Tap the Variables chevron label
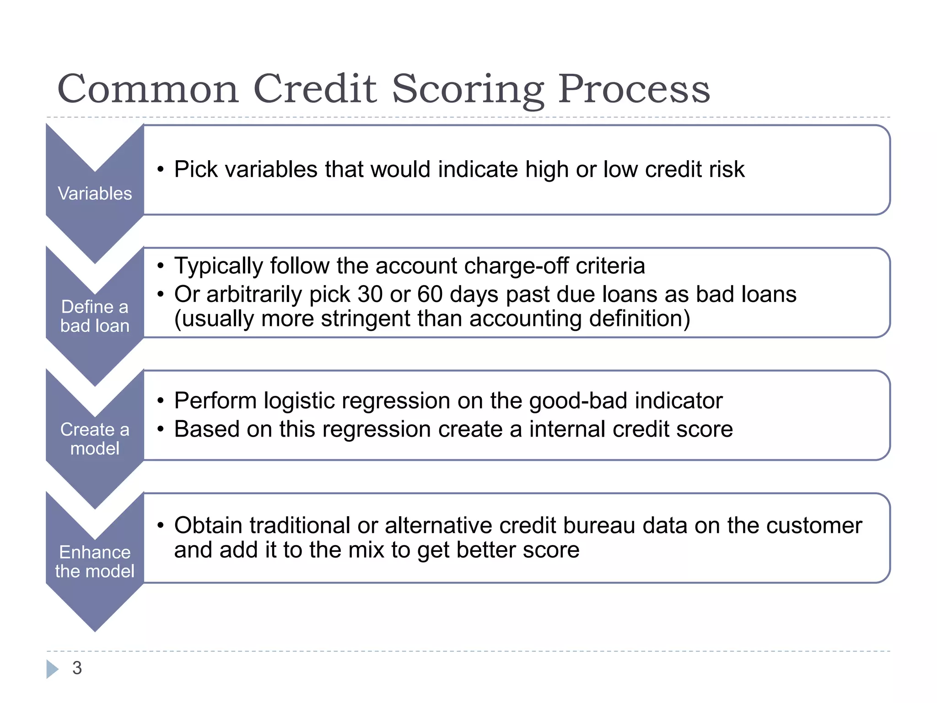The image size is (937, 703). pos(95,194)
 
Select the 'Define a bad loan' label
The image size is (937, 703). pos(95,316)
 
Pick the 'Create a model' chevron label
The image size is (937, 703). pos(95,439)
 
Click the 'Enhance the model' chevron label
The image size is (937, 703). pos(95,562)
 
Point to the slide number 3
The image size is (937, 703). pos(77,668)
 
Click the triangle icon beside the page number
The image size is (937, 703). pos(52,669)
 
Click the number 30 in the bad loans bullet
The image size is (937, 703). pos(370,294)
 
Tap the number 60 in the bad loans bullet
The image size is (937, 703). pos(430,294)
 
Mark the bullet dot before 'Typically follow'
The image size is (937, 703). pos(160,266)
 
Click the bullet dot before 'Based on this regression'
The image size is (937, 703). pos(160,429)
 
